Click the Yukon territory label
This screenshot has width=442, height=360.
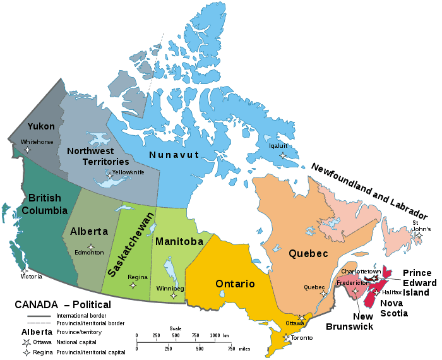tap(41, 126)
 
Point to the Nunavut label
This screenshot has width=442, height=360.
tap(174, 155)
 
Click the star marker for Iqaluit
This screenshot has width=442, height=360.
tap(282, 155)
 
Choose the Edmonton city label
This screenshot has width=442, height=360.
tap(90, 253)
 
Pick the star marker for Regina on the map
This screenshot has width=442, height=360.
tap(133, 285)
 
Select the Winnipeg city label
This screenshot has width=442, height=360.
tap(170, 289)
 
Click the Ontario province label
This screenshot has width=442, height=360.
tap(235, 284)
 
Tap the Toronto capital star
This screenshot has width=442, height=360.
tap(286, 338)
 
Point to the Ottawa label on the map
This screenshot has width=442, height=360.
tap(295, 323)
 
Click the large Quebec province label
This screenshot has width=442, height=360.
tap(308, 254)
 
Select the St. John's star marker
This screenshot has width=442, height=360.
tap(418, 236)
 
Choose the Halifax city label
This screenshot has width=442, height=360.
tap(392, 292)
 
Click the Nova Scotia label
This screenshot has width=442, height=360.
tap(394, 308)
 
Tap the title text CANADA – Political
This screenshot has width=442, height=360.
tap(63, 305)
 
